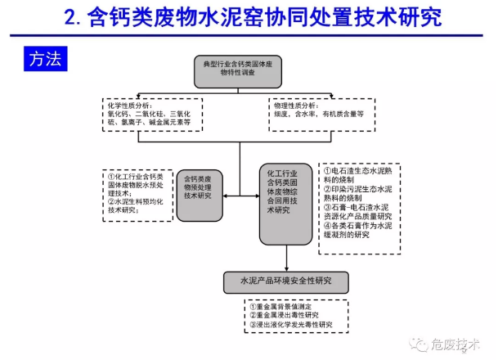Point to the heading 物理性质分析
click(297, 106)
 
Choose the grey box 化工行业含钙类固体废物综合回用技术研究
click(285, 192)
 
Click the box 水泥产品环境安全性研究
click(286, 282)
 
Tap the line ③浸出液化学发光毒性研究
click(292, 324)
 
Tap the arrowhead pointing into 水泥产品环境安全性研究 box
click(286, 268)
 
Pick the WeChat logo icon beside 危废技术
click(424, 344)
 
